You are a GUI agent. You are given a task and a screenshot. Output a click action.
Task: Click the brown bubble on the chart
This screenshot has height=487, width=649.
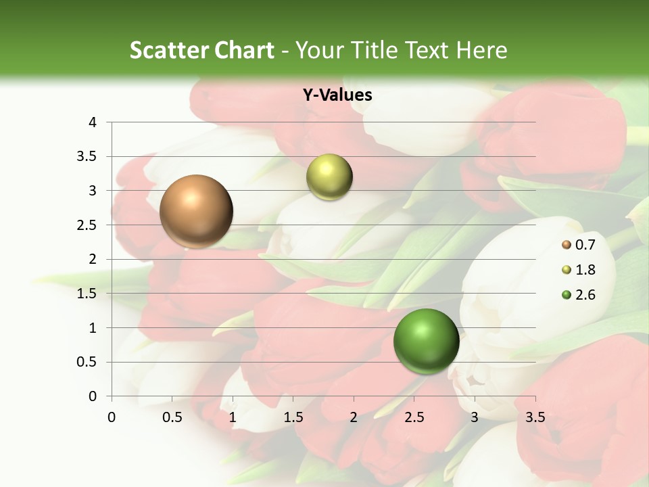[x=197, y=211]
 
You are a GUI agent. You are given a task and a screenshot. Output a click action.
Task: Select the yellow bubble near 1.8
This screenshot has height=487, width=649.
[x=329, y=177]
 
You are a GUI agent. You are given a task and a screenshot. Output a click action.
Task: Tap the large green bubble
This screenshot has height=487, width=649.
[x=426, y=341]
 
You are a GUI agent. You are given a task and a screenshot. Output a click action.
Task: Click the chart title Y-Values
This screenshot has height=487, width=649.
[x=337, y=95]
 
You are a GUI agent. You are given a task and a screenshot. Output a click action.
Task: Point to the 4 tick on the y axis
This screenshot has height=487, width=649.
[x=93, y=122]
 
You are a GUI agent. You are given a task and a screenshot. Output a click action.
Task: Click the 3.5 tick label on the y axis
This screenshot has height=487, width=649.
[x=87, y=156]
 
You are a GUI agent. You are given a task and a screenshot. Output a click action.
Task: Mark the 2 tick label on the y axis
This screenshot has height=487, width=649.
[x=93, y=259]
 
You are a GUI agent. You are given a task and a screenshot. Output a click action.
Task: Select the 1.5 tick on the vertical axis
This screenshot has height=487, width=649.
[x=87, y=294]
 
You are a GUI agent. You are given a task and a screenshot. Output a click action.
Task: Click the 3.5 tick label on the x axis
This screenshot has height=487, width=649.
[x=535, y=417]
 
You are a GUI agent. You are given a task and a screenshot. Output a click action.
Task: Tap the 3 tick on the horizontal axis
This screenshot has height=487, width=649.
[x=475, y=417]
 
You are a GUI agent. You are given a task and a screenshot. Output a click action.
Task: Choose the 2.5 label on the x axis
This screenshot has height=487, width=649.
[x=414, y=417]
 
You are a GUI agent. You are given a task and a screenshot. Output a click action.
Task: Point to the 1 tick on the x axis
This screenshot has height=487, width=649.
[x=233, y=417]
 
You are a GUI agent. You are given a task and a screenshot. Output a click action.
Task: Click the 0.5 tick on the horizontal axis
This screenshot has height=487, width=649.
[x=172, y=417]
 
